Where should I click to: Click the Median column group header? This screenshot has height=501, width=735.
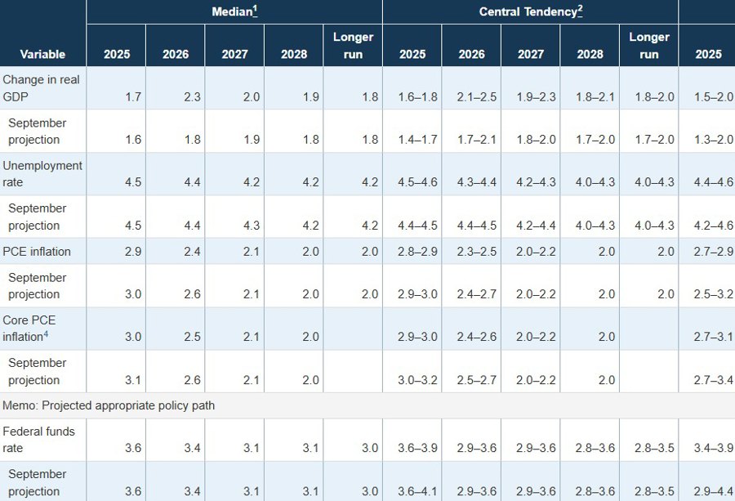[233, 11]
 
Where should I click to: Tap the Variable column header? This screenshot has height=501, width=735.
[42, 54]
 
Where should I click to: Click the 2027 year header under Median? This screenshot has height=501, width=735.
[234, 54]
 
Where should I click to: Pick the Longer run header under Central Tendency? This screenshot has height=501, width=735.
[648, 46]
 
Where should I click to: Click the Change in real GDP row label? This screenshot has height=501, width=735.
[40, 88]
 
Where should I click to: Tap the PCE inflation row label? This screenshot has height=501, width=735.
[37, 251]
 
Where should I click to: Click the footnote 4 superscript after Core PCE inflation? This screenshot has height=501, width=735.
[46, 334]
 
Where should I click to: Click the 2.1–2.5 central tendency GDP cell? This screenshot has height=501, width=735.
[471, 96]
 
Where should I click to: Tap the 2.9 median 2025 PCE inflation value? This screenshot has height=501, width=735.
[132, 251]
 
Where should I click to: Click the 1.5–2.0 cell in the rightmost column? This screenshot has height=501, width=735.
[713, 96]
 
